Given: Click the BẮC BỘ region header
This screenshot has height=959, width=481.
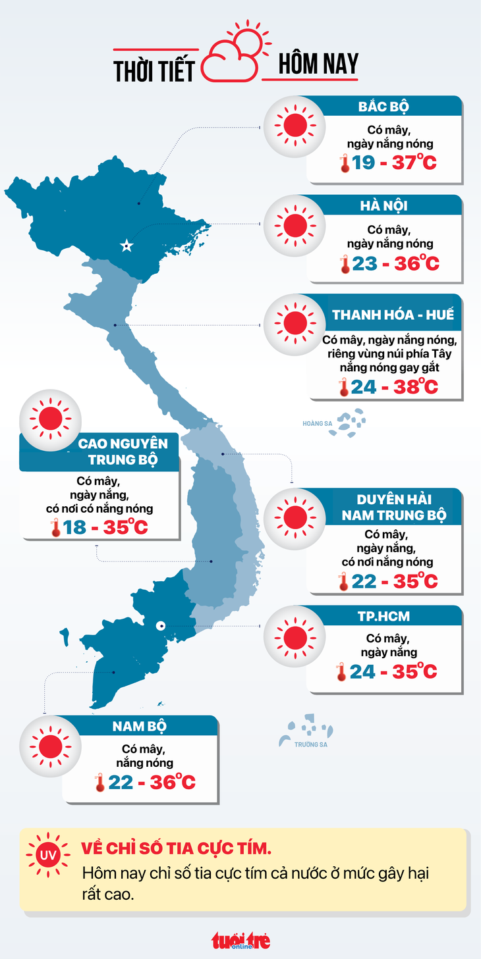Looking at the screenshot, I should (x=383, y=107).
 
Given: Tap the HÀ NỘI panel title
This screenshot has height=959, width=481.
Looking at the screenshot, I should (x=383, y=206).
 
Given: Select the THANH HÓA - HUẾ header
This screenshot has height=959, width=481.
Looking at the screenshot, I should (x=393, y=315).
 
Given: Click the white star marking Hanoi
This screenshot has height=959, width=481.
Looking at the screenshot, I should (x=126, y=246).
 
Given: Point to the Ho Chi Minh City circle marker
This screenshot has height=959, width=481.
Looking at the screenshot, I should (x=160, y=626).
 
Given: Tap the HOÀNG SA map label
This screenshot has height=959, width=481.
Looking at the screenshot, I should (x=317, y=424).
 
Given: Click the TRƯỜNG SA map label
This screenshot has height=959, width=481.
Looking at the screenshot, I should (x=311, y=744).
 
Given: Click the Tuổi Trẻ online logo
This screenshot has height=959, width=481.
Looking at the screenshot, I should (x=240, y=941).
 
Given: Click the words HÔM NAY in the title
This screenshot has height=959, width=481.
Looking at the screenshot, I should (x=318, y=64).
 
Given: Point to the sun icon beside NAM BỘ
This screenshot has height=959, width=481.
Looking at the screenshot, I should (x=51, y=746).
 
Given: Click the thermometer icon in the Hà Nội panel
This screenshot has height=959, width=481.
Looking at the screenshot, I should (x=343, y=265).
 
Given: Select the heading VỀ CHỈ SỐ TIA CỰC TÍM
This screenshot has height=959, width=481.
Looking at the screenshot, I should (x=176, y=848).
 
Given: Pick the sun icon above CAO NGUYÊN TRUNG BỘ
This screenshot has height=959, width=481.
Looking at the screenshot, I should (x=51, y=419).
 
